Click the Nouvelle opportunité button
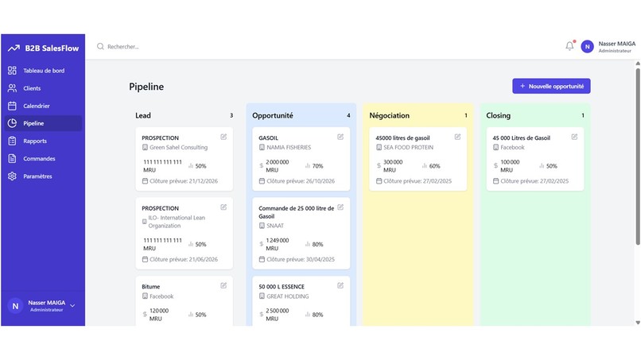pos(551,86)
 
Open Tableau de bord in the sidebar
pos(44,71)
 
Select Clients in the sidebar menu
pos(32,88)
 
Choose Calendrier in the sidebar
pos(37,106)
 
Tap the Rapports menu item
pos(35,141)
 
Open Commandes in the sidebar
pos(39,159)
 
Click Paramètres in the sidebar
pos(37,176)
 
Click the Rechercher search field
pos(159,47)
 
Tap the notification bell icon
pos(569,46)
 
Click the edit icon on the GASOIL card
pos(340,137)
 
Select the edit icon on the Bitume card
pos(223,285)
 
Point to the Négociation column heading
pos(390,115)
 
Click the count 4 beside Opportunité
pos(348,115)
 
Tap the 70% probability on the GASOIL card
pos(317,166)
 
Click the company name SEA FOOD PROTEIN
pos(408,147)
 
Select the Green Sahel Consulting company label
pos(178,147)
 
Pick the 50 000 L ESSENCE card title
pos(282,286)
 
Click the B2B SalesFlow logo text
pos(52,48)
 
